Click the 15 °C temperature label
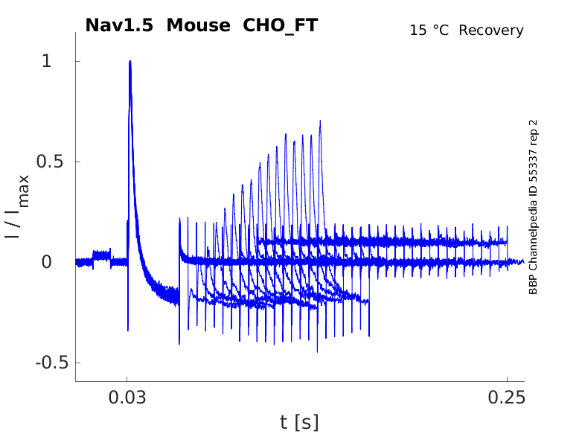(430, 31)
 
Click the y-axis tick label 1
(47, 61)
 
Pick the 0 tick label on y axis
(47, 262)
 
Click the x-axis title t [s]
(299, 422)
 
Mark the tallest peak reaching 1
(130, 62)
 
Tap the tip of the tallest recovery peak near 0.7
(320, 121)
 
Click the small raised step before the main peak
(101, 253)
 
